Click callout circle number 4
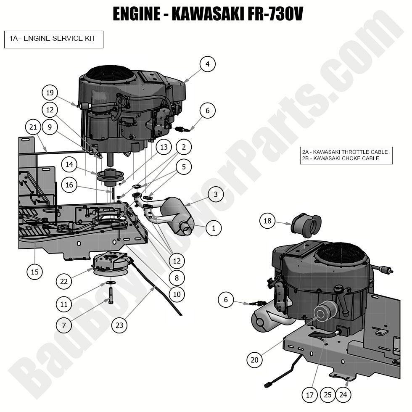[x=207, y=64]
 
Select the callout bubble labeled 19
[x=50, y=92]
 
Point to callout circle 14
[x=69, y=164]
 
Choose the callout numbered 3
[x=216, y=194]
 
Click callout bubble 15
[x=34, y=272]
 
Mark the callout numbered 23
[x=119, y=325]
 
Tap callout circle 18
[x=267, y=221]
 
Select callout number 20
[x=255, y=360]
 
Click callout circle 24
[x=343, y=395]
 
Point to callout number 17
[x=310, y=395]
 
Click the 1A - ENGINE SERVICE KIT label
[x=53, y=39]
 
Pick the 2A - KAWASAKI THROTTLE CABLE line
[x=345, y=152]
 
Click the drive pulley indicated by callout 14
[x=107, y=175]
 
